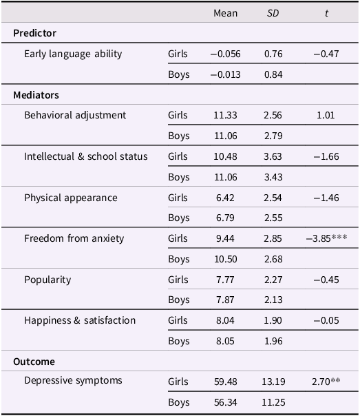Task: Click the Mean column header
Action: point(225,13)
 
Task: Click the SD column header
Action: point(273,13)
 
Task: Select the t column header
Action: point(326,13)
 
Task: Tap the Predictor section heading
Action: point(34,33)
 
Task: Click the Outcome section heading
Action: point(34,362)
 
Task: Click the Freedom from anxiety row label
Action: point(74,238)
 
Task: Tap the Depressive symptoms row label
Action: point(73,380)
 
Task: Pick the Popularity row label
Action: point(47,280)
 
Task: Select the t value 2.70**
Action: point(326,380)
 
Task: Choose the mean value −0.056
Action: point(225,54)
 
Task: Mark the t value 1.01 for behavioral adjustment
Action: point(326,115)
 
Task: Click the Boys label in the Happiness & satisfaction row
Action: point(179,340)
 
